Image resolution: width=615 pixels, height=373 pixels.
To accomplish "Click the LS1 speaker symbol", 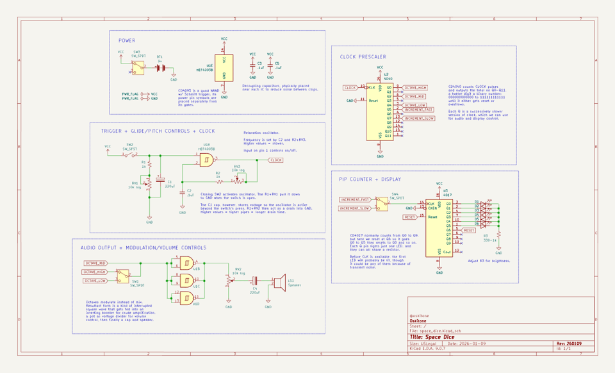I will pyautogui.click(x=279, y=281).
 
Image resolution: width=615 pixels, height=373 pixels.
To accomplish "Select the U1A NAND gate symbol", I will pyautogui.click(x=206, y=160).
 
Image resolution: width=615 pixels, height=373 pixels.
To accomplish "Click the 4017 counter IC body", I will pyautogui.click(x=439, y=228).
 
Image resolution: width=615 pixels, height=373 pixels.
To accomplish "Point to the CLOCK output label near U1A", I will pyautogui.click(x=275, y=160).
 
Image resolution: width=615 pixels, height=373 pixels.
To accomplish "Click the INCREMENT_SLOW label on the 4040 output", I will pyautogui.click(x=419, y=119).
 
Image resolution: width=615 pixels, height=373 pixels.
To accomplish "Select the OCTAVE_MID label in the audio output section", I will pyautogui.click(x=95, y=263).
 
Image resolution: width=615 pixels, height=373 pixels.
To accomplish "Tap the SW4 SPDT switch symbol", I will pyautogui.click(x=382, y=203).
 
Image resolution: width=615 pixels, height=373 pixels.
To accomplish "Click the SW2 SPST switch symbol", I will pyautogui.click(x=129, y=154).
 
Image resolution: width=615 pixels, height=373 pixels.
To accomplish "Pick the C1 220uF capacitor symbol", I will pyautogui.click(x=160, y=182).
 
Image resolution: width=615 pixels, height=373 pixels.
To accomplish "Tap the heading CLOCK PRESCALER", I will pyautogui.click(x=363, y=56).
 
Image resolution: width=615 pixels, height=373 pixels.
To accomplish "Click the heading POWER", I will pyautogui.click(x=127, y=41).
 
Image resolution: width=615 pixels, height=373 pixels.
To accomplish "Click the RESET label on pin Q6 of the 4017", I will pyautogui.click(x=469, y=230).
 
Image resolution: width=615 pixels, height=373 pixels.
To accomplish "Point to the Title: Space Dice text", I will pyautogui.click(x=432, y=336).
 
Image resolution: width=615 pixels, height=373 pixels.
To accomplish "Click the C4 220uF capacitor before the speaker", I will pyautogui.click(x=255, y=281).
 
